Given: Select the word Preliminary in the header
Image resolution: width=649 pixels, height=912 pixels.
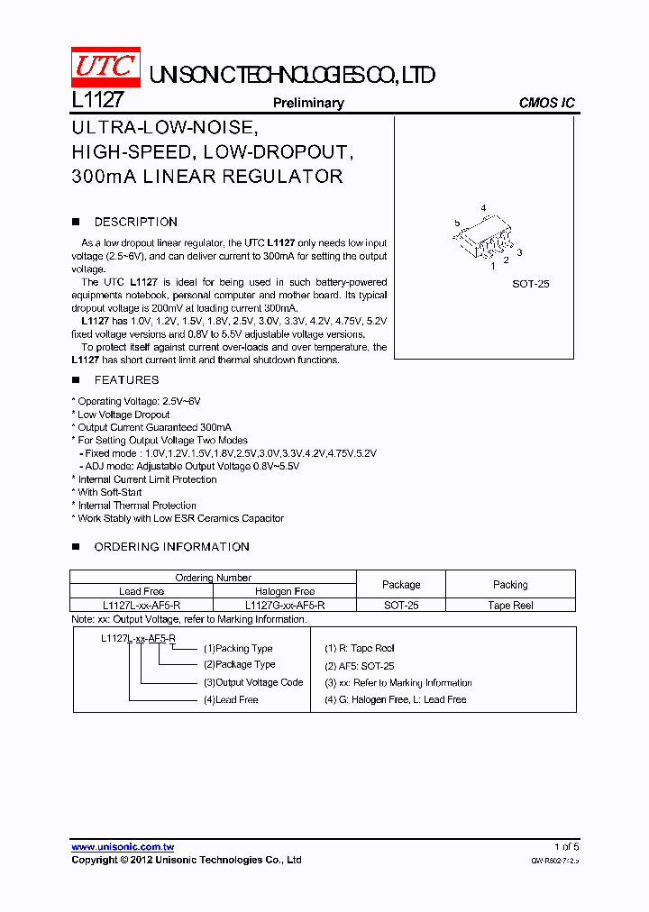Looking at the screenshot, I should click(x=308, y=103).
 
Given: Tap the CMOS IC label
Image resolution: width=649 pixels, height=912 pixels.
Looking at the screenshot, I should click(x=546, y=103).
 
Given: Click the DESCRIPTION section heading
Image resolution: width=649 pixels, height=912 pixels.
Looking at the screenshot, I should click(x=136, y=222).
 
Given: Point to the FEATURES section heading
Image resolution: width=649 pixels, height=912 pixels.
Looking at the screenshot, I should click(x=126, y=380).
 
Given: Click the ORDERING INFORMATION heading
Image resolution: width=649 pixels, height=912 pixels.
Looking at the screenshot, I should click(x=171, y=547).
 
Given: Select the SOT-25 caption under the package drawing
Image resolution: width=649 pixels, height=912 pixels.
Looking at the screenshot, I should click(x=531, y=284).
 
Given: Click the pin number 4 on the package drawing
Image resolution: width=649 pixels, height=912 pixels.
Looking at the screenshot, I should click(x=483, y=209).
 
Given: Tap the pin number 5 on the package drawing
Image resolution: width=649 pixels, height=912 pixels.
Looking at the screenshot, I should click(x=457, y=223).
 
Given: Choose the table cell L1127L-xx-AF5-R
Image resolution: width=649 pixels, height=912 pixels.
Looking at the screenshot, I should click(x=142, y=606).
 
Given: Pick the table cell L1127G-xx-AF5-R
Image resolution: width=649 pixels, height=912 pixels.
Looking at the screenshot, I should click(x=285, y=606).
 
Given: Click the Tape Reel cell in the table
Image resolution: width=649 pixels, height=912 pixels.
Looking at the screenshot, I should click(x=510, y=606).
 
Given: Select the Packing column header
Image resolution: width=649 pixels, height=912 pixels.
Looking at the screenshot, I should click(x=510, y=584).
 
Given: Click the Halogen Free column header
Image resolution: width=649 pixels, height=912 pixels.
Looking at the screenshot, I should click(x=285, y=591).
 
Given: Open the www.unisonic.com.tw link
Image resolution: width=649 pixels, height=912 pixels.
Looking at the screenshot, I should click(x=123, y=847).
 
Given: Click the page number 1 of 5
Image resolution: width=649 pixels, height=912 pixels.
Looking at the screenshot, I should click(x=566, y=847).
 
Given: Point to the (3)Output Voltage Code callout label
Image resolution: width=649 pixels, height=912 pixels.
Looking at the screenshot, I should click(x=253, y=682).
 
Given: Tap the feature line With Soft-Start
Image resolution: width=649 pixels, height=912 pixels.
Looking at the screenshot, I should click(x=110, y=493).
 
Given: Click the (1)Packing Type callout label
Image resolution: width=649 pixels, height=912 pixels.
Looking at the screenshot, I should click(x=238, y=648).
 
